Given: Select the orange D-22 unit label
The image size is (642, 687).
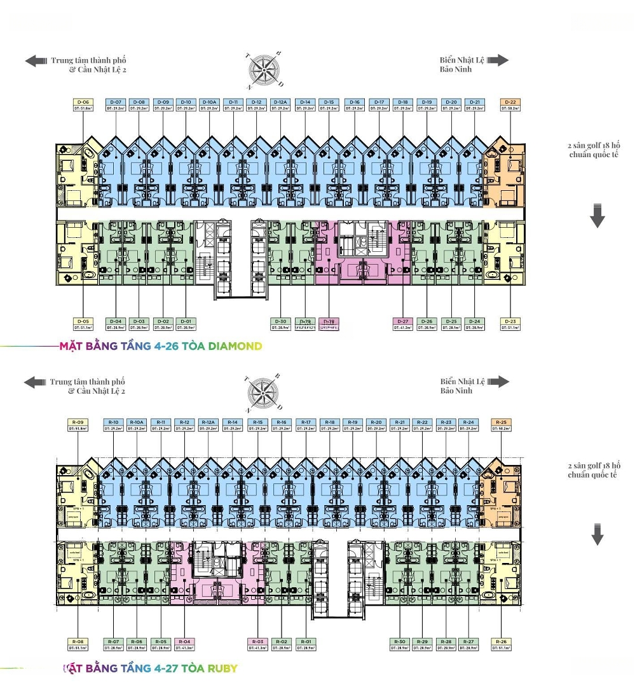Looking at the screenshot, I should point(510,105).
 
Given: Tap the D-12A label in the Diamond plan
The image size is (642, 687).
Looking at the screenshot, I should point(280,105).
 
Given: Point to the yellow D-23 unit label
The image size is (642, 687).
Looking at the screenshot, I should point(510,324).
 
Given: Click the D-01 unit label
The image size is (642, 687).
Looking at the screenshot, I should point(186,324).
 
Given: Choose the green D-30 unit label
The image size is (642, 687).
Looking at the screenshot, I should point(280,324).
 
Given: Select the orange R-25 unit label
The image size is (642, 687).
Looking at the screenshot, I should point(501,426).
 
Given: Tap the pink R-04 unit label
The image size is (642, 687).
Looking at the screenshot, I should point(184,644).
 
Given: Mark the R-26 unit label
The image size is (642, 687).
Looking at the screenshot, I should point(501,644).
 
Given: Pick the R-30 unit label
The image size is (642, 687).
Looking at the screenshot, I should point(399,644).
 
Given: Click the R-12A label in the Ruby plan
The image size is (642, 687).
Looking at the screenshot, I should point(208,426).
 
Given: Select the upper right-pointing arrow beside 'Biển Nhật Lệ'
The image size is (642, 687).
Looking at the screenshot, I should point(498,60).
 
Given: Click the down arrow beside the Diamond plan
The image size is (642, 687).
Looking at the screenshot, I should point(597,216).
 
